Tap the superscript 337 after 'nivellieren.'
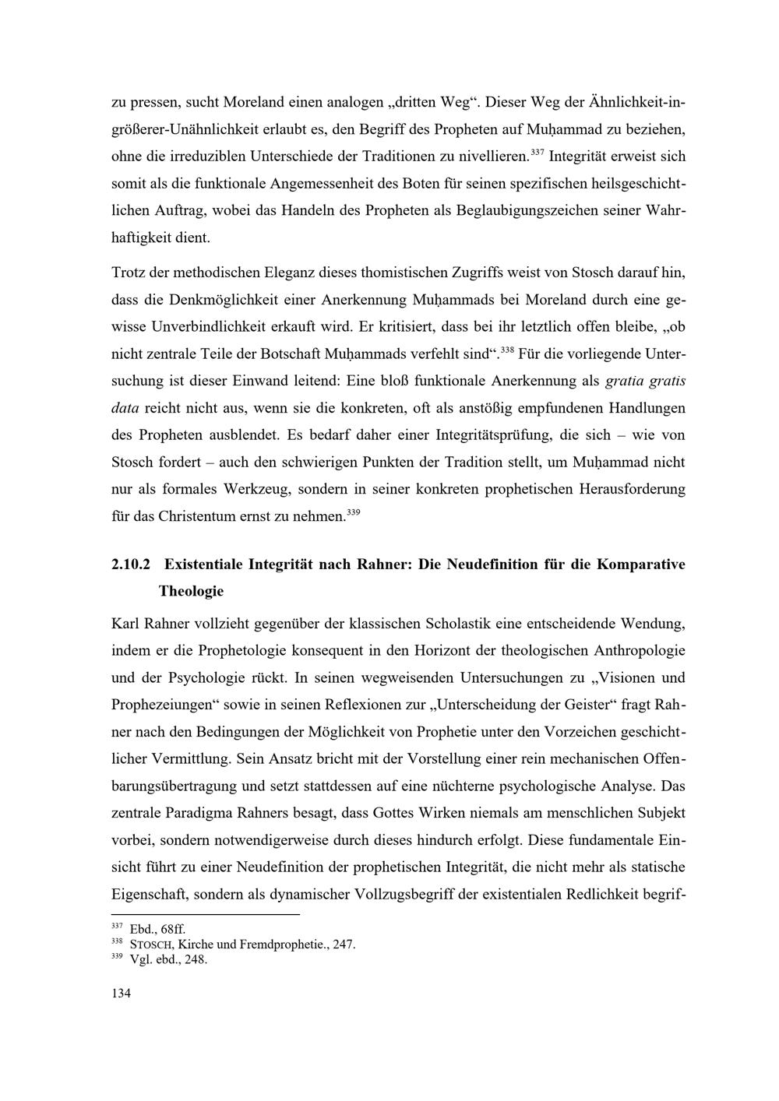[538, 151]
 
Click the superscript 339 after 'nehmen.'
[353, 512]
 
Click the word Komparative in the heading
[641, 565]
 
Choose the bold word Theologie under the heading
[191, 591]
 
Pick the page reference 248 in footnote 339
[195, 959]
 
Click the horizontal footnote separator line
[206, 915]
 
